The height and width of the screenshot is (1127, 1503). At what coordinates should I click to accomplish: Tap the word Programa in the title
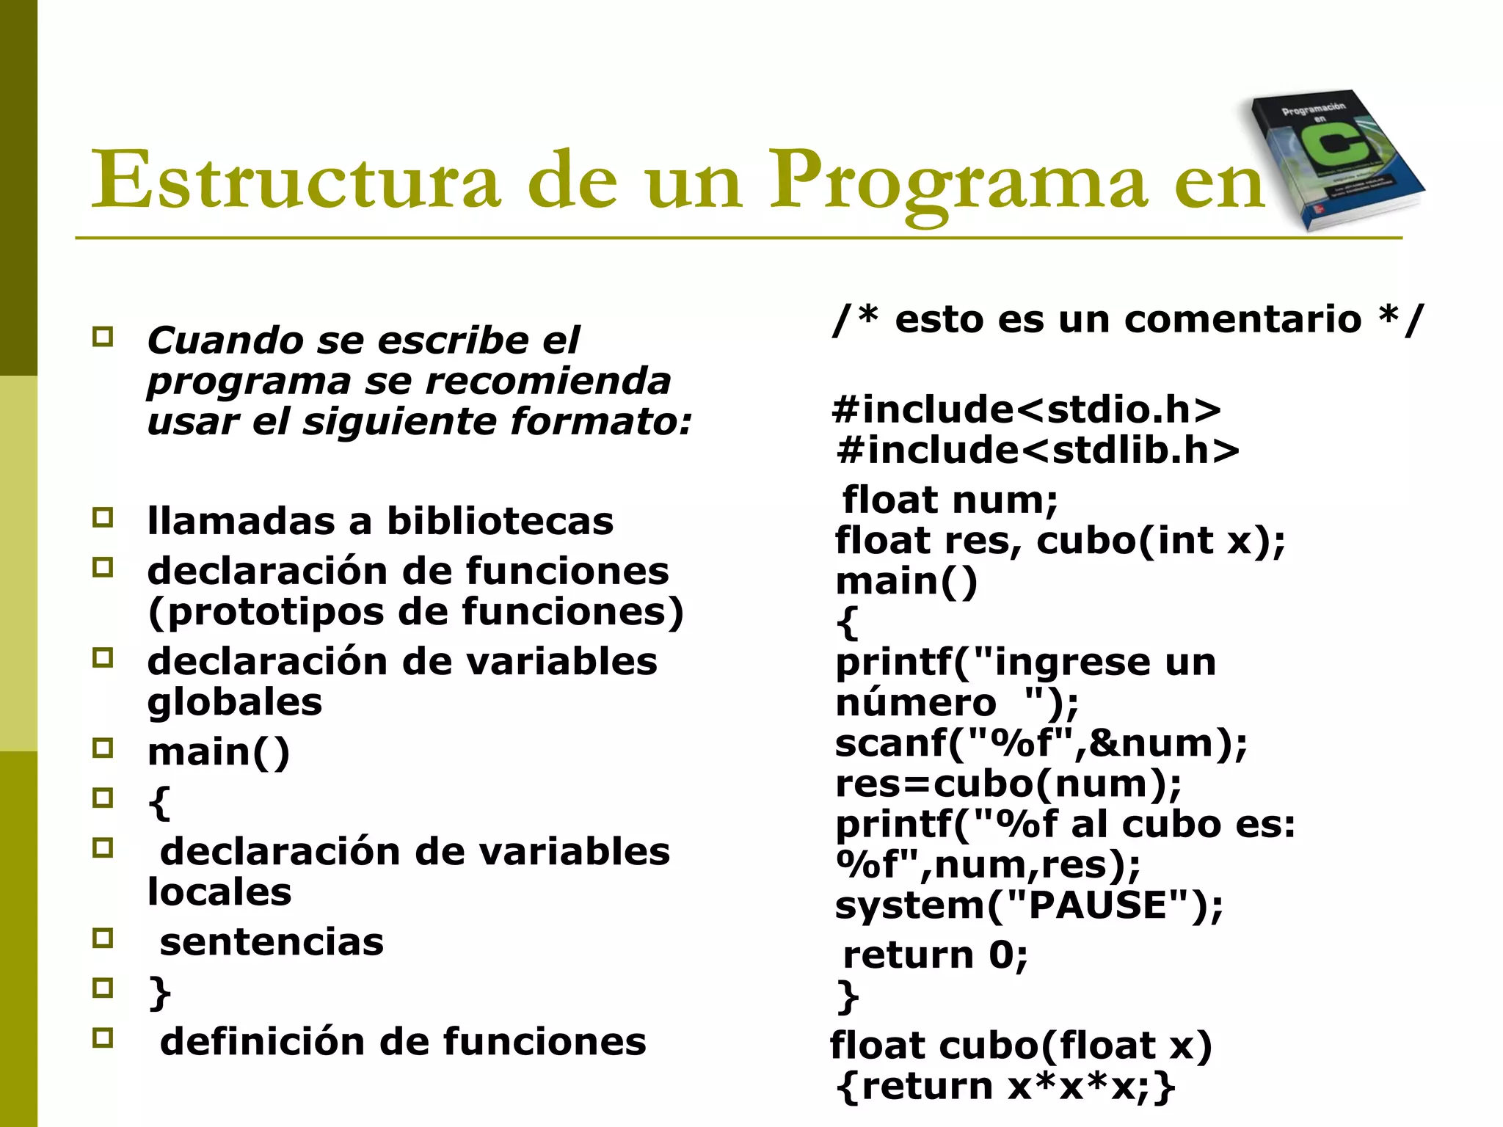tap(958, 180)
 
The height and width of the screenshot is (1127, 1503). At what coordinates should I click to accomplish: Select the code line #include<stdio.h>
tap(1027, 409)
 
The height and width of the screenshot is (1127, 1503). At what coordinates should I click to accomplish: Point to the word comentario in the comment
tap(1242, 319)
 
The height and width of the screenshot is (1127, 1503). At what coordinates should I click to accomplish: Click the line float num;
tap(950, 500)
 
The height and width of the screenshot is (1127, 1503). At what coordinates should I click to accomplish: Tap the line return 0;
tap(936, 955)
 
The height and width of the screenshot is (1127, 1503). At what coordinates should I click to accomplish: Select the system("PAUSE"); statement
tap(1029, 905)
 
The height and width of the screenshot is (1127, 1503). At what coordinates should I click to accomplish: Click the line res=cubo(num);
tap(1008, 784)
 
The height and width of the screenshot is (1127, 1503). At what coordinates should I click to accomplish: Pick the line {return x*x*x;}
tap(1006, 1086)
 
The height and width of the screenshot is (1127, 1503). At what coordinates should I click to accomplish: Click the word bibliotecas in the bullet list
tap(500, 521)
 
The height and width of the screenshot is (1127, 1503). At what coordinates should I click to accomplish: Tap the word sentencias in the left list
tap(272, 942)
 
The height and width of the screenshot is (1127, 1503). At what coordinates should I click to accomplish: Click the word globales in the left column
tap(235, 702)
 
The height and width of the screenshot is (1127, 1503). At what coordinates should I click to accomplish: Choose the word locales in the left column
tap(219, 892)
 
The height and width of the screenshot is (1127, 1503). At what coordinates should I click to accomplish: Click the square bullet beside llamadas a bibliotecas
tap(103, 518)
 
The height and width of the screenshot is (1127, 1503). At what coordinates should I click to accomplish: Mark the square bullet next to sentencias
tap(103, 938)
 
